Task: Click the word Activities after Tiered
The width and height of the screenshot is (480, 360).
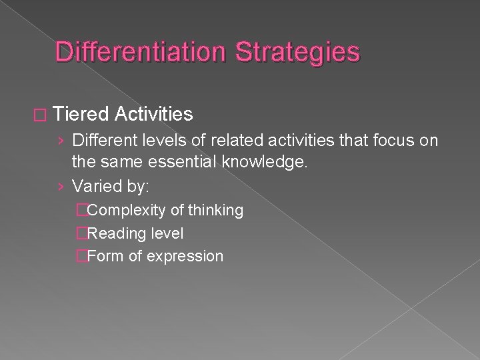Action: pos(153,115)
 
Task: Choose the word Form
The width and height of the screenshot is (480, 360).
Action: pos(102,256)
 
